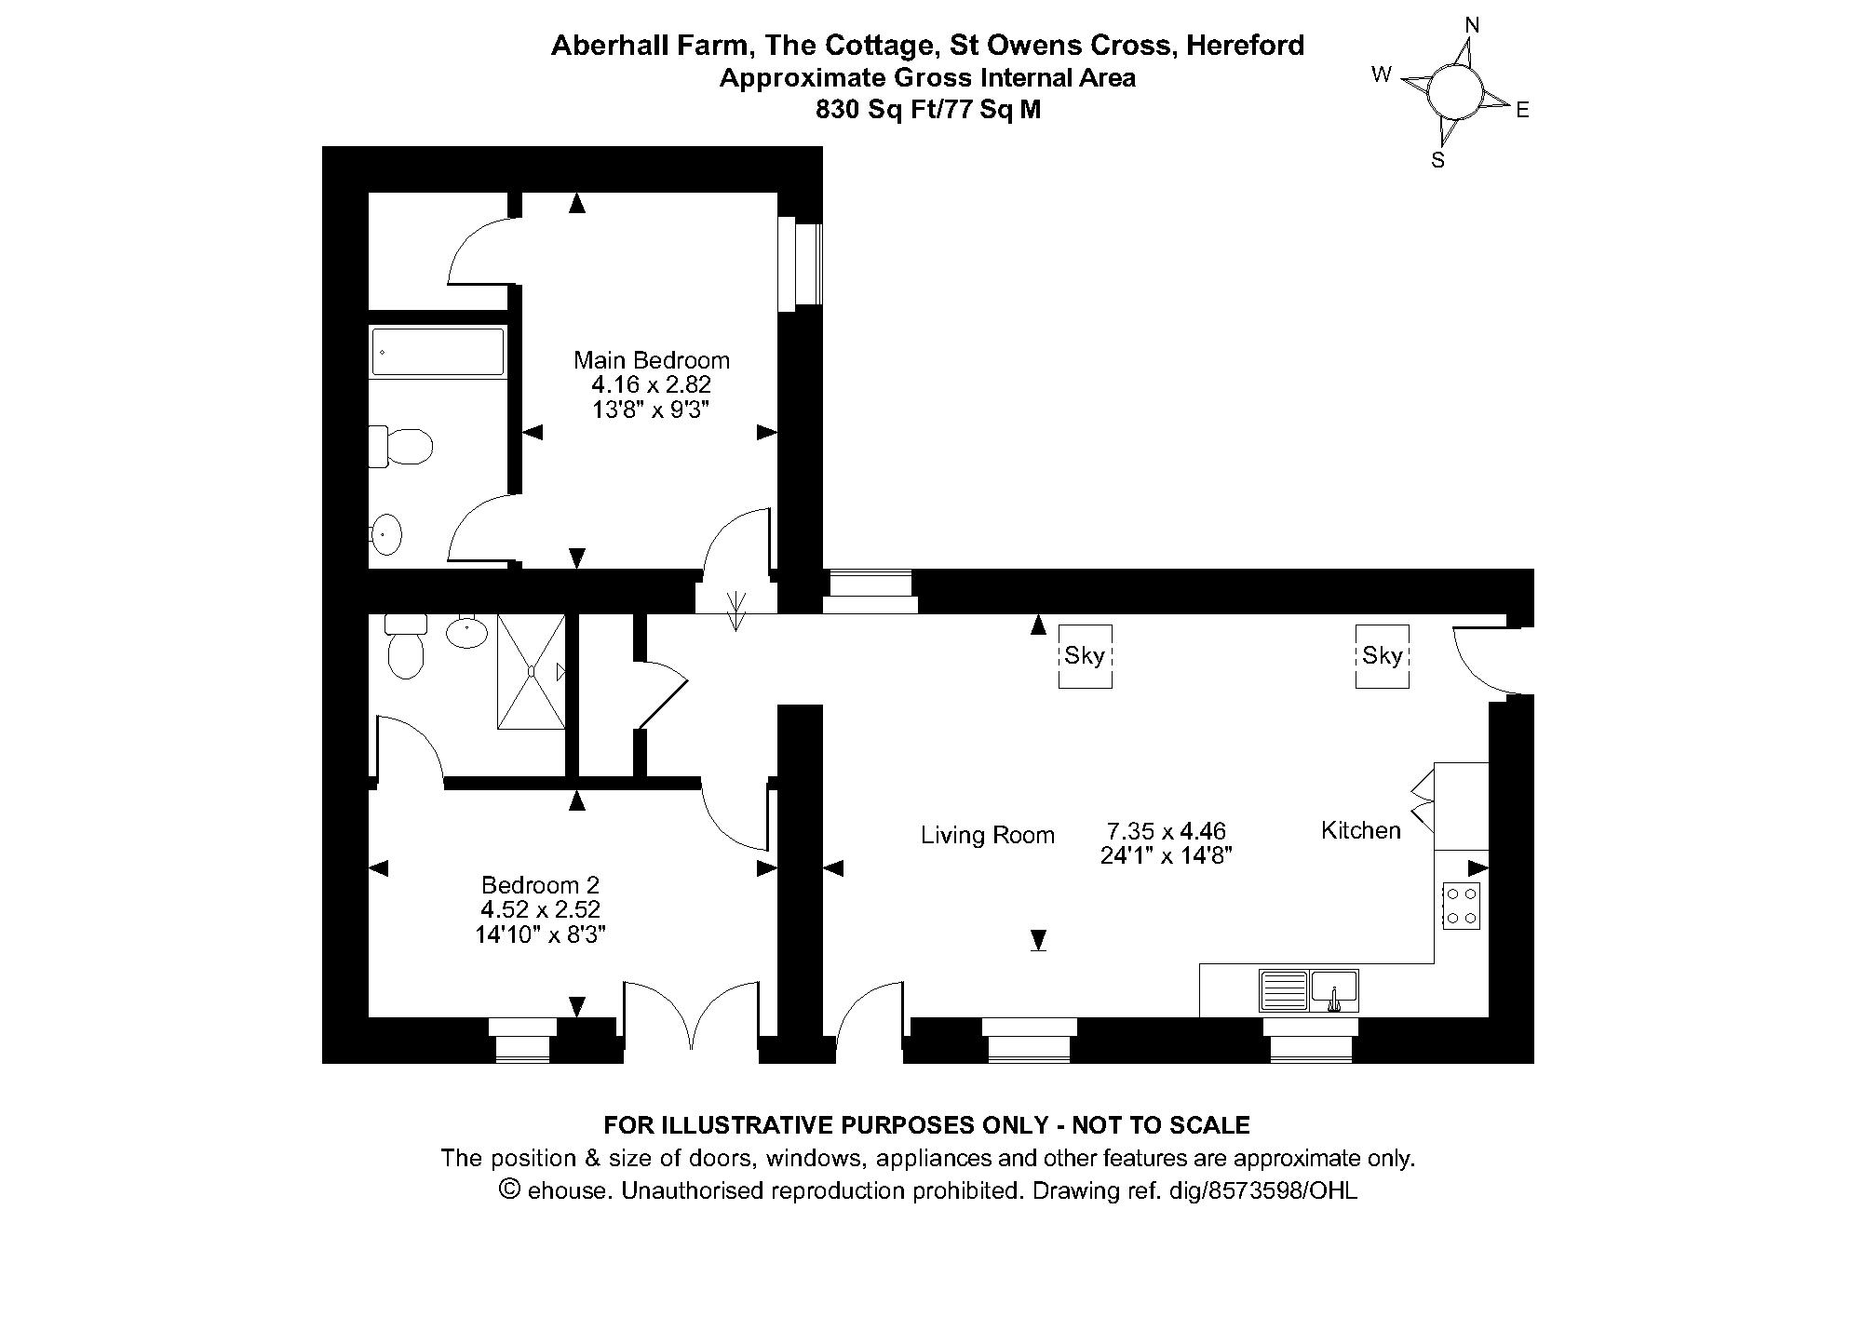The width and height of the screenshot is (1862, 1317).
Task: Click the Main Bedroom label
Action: [652, 360]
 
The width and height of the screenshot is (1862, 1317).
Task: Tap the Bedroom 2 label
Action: [540, 884]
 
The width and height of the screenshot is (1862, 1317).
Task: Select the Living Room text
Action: [988, 836]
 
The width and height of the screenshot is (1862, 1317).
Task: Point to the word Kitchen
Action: [1361, 830]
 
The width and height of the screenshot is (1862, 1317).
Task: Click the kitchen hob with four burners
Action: [1461, 906]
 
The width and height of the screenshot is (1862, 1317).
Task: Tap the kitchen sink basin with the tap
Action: [1334, 991]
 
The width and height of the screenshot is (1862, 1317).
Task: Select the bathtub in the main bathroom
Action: [438, 352]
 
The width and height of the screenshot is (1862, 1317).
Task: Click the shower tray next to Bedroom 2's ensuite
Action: [532, 671]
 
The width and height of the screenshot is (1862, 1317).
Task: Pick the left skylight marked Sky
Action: [1085, 656]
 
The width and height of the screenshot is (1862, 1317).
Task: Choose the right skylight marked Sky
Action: [1382, 656]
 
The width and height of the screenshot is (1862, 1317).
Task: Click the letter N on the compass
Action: [1472, 25]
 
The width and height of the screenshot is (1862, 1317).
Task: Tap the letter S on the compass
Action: [1438, 160]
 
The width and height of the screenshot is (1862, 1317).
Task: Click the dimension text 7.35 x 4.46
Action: [1167, 830]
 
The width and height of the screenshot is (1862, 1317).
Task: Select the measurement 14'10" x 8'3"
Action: [540, 934]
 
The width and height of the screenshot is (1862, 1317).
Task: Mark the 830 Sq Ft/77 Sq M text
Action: [928, 110]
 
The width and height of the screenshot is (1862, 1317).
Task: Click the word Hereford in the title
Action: [1246, 45]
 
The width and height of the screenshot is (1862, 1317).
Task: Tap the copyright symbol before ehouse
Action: [509, 1189]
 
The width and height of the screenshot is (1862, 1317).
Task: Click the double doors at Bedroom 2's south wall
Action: [693, 1017]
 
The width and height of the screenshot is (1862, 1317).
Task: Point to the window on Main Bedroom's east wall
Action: [801, 264]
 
